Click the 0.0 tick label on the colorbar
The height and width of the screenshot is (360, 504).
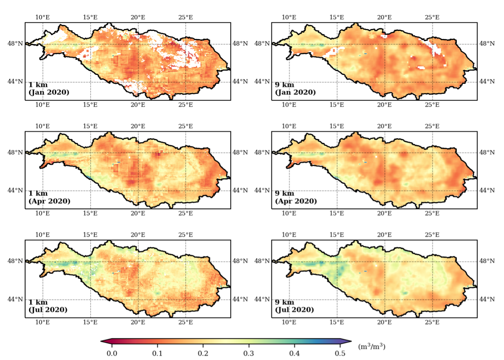pyautogui.click(x=112, y=353)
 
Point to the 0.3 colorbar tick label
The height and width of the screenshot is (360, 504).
pyautogui.click(x=249, y=353)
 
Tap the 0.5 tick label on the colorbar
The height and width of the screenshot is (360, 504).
pyautogui.click(x=340, y=353)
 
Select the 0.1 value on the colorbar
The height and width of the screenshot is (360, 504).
pyautogui.click(x=157, y=353)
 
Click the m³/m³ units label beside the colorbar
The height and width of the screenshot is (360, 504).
pyautogui.click(x=372, y=346)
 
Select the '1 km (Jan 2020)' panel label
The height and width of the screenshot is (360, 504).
pyautogui.click(x=49, y=88)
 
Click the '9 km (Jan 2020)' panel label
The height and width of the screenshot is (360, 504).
pyautogui.click(x=295, y=88)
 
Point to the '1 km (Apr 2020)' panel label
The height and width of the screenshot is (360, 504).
pyautogui.click(x=49, y=197)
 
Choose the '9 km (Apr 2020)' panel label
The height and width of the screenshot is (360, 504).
pyautogui.click(x=295, y=197)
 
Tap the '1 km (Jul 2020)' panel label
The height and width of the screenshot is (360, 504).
pyautogui.click(x=48, y=306)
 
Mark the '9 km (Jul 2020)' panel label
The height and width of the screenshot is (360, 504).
pyautogui.click(x=294, y=306)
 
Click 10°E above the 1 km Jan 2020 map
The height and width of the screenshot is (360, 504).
pyautogui.click(x=42, y=17)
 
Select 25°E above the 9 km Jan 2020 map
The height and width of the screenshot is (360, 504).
pyautogui.click(x=432, y=17)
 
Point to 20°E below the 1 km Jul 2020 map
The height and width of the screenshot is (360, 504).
pyautogui.click(x=138, y=322)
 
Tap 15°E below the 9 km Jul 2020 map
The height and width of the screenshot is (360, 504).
pyautogui.click(x=337, y=322)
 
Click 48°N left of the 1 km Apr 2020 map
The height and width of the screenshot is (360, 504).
pyautogui.click(x=15, y=152)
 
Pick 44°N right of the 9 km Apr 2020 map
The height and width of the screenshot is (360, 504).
pyautogui.click(x=487, y=190)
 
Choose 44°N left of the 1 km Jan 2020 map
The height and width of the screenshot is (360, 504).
pyautogui.click(x=15, y=81)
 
